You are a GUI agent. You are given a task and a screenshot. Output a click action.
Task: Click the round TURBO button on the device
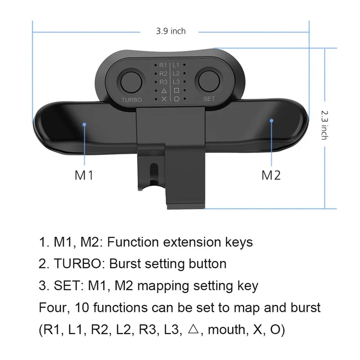[x=131, y=81]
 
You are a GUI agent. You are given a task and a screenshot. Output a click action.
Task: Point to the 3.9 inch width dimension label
[x=171, y=31]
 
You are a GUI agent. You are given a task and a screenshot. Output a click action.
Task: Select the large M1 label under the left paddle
[x=84, y=175]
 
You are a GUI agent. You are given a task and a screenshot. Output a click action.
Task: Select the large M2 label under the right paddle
[x=271, y=175]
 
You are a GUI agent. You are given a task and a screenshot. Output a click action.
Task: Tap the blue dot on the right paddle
[x=271, y=121]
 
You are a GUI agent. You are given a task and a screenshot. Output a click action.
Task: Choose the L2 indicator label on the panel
[x=176, y=73]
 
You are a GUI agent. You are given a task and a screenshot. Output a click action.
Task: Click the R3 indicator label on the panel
[x=163, y=81]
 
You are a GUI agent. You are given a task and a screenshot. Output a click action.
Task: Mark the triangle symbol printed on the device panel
[x=163, y=90]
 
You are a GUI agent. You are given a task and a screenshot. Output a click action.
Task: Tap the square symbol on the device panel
[x=176, y=90]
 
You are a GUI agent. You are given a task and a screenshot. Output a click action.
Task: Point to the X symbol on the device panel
[x=163, y=99]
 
